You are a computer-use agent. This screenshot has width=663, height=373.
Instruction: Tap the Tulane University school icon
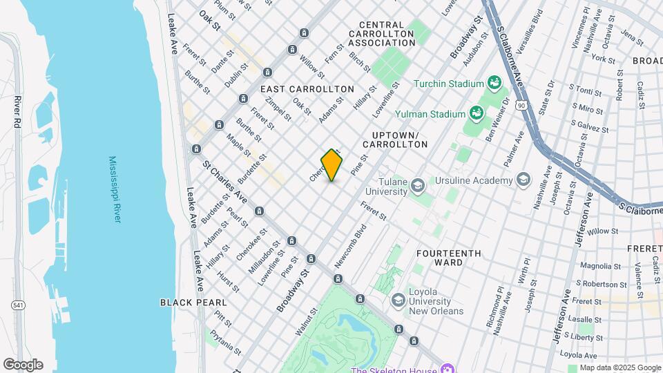point(417,185)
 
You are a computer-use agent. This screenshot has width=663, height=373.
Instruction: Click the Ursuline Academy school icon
point(523,180)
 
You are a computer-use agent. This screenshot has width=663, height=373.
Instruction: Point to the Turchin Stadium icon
point(494,84)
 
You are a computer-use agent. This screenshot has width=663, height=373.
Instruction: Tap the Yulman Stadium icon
point(475,113)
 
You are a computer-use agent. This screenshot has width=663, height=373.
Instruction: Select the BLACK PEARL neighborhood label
point(193,303)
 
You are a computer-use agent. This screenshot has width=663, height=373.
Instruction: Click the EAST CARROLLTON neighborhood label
point(307,89)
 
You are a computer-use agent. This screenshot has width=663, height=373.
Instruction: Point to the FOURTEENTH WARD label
point(448,258)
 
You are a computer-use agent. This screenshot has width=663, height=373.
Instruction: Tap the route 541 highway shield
point(17,305)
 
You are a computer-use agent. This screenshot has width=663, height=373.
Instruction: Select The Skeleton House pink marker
point(447,369)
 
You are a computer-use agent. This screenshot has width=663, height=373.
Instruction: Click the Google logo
point(23,364)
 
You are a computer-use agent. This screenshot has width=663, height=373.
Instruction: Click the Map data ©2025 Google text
point(619,367)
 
